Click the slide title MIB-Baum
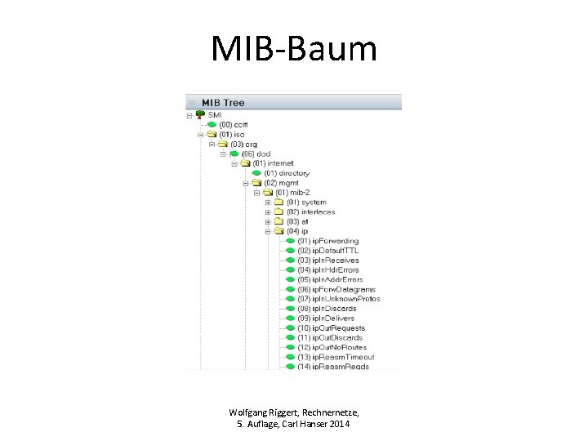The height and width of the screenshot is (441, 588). click(294, 49)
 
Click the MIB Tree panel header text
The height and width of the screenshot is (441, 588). click(223, 103)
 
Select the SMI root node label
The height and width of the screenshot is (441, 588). click(215, 115)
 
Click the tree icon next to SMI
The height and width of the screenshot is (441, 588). click(199, 115)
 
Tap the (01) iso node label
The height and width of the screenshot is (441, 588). click(233, 135)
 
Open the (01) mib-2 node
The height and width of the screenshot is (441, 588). click(295, 193)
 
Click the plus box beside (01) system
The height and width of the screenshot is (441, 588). click(267, 203)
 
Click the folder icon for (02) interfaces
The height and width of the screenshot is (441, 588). click(278, 212)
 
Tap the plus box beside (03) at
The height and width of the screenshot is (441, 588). click(267, 221)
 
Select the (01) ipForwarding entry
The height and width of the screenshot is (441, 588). click(327, 241)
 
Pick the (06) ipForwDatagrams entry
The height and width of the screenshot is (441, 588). click(336, 289)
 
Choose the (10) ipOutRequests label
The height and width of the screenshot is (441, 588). click(331, 327)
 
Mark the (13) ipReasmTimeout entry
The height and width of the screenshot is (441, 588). click(336, 357)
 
